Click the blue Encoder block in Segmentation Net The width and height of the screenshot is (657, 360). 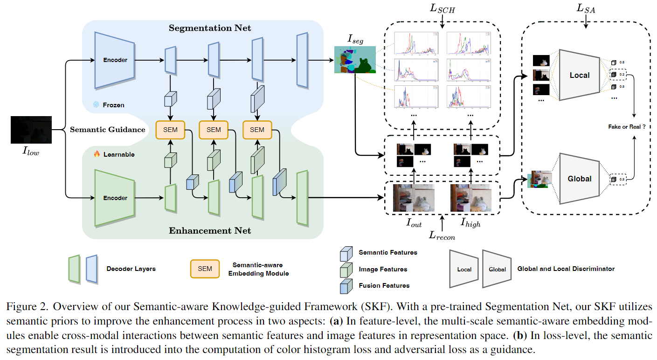tap(115, 60)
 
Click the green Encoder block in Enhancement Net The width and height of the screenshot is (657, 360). tap(115, 198)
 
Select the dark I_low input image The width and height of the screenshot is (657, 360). tap(31, 130)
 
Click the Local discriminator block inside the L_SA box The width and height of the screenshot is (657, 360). tap(579, 75)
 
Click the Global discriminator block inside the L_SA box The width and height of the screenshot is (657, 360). tap(579, 179)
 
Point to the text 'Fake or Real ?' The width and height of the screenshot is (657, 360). tap(627, 126)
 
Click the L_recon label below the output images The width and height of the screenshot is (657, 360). tap(442, 236)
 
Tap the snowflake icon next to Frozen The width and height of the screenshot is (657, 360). tap(96, 105)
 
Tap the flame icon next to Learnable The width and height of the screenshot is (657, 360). tap(97, 154)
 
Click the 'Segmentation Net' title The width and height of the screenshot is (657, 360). tap(210, 28)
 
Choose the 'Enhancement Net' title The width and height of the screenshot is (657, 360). tap(210, 230)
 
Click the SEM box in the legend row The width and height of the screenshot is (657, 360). tap(205, 269)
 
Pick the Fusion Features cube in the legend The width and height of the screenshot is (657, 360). tap(346, 285)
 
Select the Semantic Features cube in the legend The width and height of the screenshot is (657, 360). tap(346, 253)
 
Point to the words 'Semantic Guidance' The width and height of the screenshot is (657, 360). tap(107, 129)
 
